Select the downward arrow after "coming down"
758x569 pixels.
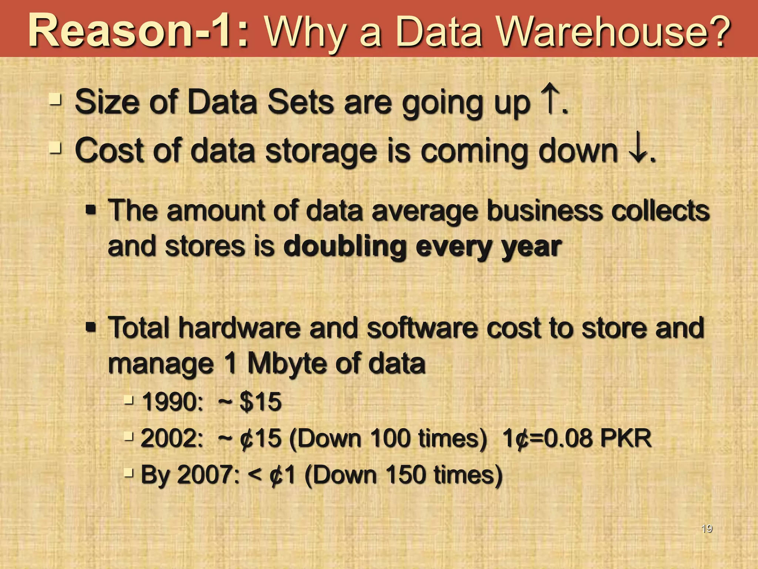[x=638, y=150]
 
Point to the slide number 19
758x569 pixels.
[x=707, y=529]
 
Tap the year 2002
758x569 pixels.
[x=171, y=438]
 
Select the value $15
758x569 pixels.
[x=260, y=402]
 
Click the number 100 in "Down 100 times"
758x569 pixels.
[x=392, y=438]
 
